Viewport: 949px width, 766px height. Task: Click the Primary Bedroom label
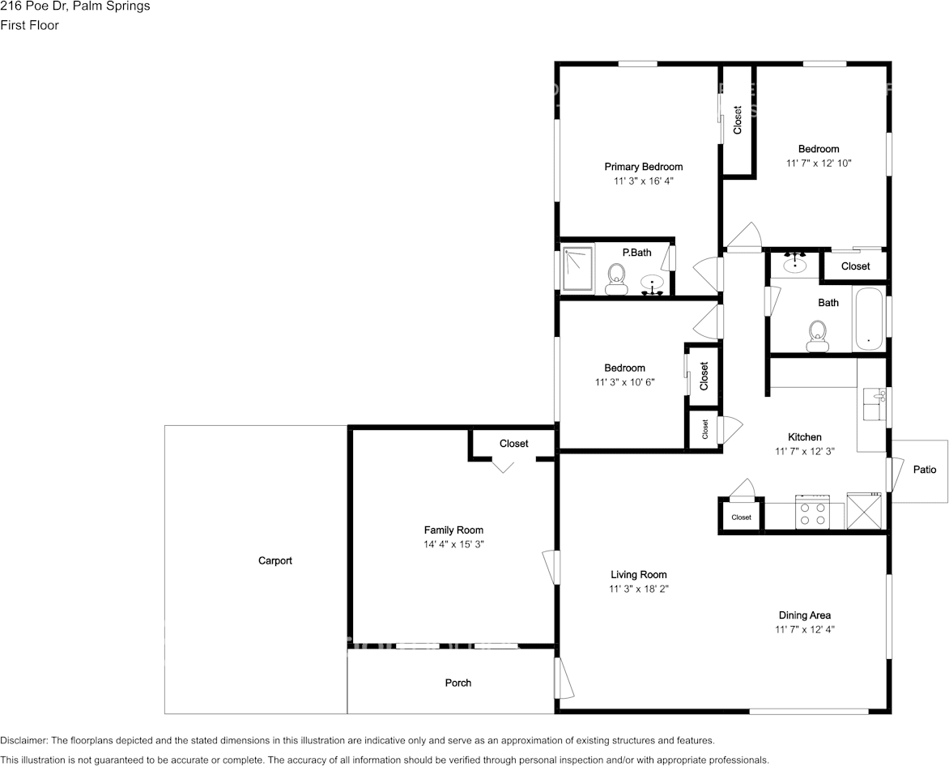tap(644, 167)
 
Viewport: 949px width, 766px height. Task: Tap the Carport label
tap(274, 561)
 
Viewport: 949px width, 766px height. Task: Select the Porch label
tap(458, 683)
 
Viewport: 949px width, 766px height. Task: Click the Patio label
tap(925, 470)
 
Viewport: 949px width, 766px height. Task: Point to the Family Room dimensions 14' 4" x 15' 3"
tap(454, 545)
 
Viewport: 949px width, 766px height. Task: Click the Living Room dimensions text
tap(639, 589)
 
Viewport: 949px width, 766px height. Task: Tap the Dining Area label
tap(805, 615)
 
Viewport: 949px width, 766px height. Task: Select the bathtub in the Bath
tap(868, 320)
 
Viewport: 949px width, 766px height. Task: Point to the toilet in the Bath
tap(817, 336)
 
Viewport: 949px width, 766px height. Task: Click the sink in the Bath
tap(794, 263)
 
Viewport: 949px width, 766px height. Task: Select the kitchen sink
tap(874, 404)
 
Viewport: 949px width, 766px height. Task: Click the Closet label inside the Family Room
tap(514, 444)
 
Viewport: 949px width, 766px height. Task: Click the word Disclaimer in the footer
tap(23, 740)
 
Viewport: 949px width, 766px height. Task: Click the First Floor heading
tap(30, 25)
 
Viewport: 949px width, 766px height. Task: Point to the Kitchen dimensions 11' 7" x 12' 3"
tap(805, 451)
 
